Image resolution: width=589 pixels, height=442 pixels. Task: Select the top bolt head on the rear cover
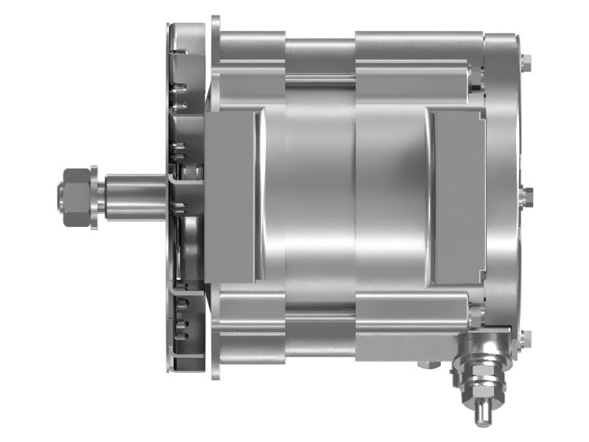[x=524, y=64]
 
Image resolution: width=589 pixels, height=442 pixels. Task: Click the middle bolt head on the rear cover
[x=527, y=196]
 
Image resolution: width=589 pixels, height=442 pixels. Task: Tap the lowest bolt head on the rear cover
[x=524, y=338]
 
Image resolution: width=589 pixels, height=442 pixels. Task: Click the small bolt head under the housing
[x=427, y=364]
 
